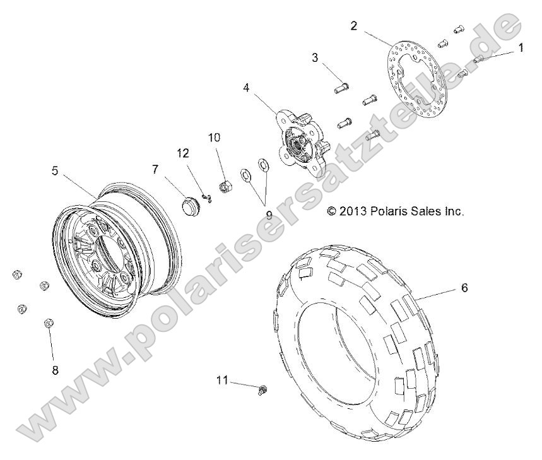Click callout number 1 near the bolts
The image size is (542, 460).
tap(521, 47)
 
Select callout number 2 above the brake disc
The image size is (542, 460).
tap(354, 25)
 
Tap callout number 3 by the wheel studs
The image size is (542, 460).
tap(314, 58)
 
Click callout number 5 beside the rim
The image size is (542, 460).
tap(55, 170)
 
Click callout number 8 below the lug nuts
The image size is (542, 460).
tap(55, 370)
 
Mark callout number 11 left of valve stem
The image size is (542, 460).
tap(220, 380)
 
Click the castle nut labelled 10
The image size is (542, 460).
tap(223, 186)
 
